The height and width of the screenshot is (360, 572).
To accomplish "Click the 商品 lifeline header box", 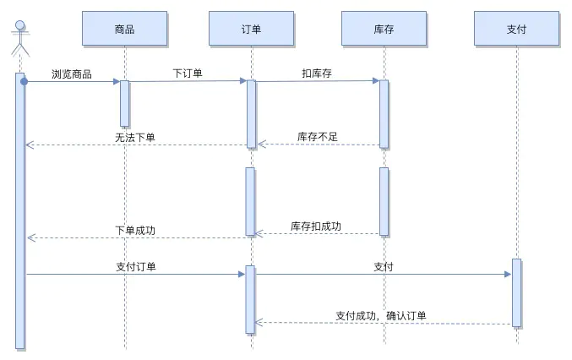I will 124,29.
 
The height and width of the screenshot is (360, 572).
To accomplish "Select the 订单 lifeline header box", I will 251,29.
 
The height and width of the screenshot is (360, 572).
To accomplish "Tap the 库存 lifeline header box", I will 384,29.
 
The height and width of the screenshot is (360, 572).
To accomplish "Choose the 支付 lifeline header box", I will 516,29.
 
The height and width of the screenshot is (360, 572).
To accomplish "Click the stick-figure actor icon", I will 19,38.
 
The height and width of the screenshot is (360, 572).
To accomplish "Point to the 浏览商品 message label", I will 72,74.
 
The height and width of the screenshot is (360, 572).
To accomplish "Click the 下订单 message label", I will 188,74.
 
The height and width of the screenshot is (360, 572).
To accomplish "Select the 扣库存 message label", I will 317,74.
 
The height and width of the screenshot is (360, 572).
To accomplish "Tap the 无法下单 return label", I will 135,137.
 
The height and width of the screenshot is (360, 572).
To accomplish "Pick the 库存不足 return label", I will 317,137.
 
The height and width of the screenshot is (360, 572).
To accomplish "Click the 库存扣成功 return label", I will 316,226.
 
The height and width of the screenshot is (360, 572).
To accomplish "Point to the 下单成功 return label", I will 135,231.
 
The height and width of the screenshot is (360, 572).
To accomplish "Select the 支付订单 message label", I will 135,266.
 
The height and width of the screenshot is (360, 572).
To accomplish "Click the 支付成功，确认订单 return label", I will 381,316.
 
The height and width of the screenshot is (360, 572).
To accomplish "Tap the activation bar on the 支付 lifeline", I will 516,292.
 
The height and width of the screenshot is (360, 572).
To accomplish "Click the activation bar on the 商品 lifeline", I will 124,103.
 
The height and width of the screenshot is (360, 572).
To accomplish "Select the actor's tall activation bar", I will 20,211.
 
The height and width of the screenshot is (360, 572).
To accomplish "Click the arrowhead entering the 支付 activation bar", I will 507,274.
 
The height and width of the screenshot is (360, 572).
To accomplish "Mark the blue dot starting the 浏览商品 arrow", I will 25,81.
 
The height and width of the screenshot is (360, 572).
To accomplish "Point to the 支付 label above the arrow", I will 384,266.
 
